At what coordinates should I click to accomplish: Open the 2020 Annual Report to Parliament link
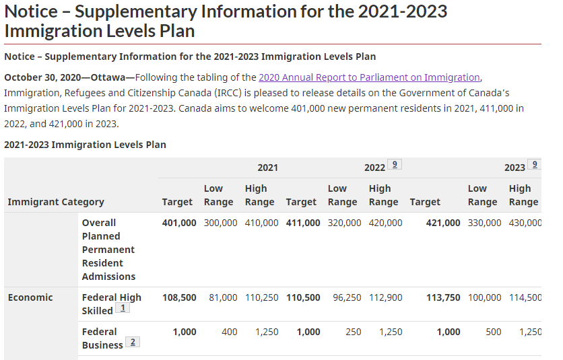pyautogui.click(x=369, y=77)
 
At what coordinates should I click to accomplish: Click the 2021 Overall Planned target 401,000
pyautogui.click(x=179, y=223)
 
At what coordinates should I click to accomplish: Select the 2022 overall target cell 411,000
pyautogui.click(x=303, y=223)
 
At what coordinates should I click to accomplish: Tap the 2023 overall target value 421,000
pyautogui.click(x=443, y=223)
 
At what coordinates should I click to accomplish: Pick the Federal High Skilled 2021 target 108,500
pyautogui.click(x=179, y=297)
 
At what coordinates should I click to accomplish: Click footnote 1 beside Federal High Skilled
pyautogui.click(x=123, y=308)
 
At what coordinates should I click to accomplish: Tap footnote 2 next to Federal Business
pyautogui.click(x=133, y=342)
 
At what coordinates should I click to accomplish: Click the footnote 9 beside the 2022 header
pyautogui.click(x=395, y=164)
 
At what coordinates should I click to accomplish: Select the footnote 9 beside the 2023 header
pyautogui.click(x=535, y=164)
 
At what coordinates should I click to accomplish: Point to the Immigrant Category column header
pyautogui.click(x=56, y=202)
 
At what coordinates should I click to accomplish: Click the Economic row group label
pyautogui.click(x=30, y=297)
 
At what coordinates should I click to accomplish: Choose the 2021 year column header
pyautogui.click(x=268, y=168)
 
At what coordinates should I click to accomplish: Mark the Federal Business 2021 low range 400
pyautogui.click(x=230, y=332)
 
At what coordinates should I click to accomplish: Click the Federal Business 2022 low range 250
pyautogui.click(x=354, y=332)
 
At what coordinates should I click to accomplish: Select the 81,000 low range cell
pyautogui.click(x=223, y=297)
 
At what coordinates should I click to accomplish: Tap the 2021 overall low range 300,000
pyautogui.click(x=220, y=223)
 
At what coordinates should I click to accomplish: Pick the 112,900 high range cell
pyautogui.click(x=386, y=297)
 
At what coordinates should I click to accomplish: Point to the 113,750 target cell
pyautogui.click(x=443, y=297)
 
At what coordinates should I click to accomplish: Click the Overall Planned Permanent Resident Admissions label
pyautogui.click(x=108, y=250)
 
